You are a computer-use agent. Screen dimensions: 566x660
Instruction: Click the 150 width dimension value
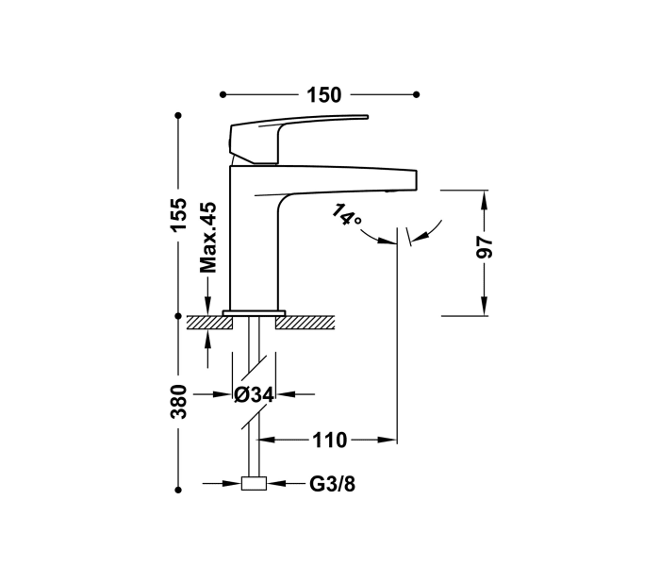pyautogui.click(x=322, y=95)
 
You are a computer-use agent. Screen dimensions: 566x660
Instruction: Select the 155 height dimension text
pyautogui.click(x=179, y=217)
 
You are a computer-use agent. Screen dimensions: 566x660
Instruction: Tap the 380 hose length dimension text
pyautogui.click(x=179, y=403)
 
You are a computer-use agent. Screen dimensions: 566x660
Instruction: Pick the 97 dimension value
pyautogui.click(x=485, y=248)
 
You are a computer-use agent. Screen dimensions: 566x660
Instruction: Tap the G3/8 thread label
pyautogui.click(x=332, y=485)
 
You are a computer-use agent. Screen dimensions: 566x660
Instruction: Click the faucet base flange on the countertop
pyautogui.click(x=254, y=311)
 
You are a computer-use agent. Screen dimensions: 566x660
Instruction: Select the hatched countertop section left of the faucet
pyautogui.click(x=209, y=323)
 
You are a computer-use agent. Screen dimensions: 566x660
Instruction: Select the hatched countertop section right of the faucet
pyautogui.click(x=305, y=323)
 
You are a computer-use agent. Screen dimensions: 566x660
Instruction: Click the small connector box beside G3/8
pyautogui.click(x=254, y=485)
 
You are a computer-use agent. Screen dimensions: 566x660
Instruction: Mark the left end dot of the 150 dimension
pyautogui.click(x=223, y=94)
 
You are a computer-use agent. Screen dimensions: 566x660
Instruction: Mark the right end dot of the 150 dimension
pyautogui.click(x=417, y=94)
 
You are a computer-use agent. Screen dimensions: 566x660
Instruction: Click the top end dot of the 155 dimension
pyautogui.click(x=178, y=116)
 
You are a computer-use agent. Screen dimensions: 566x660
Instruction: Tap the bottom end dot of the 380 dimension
pyautogui.click(x=178, y=490)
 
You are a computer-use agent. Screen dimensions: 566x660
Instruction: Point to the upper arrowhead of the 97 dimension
pyautogui.click(x=485, y=197)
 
